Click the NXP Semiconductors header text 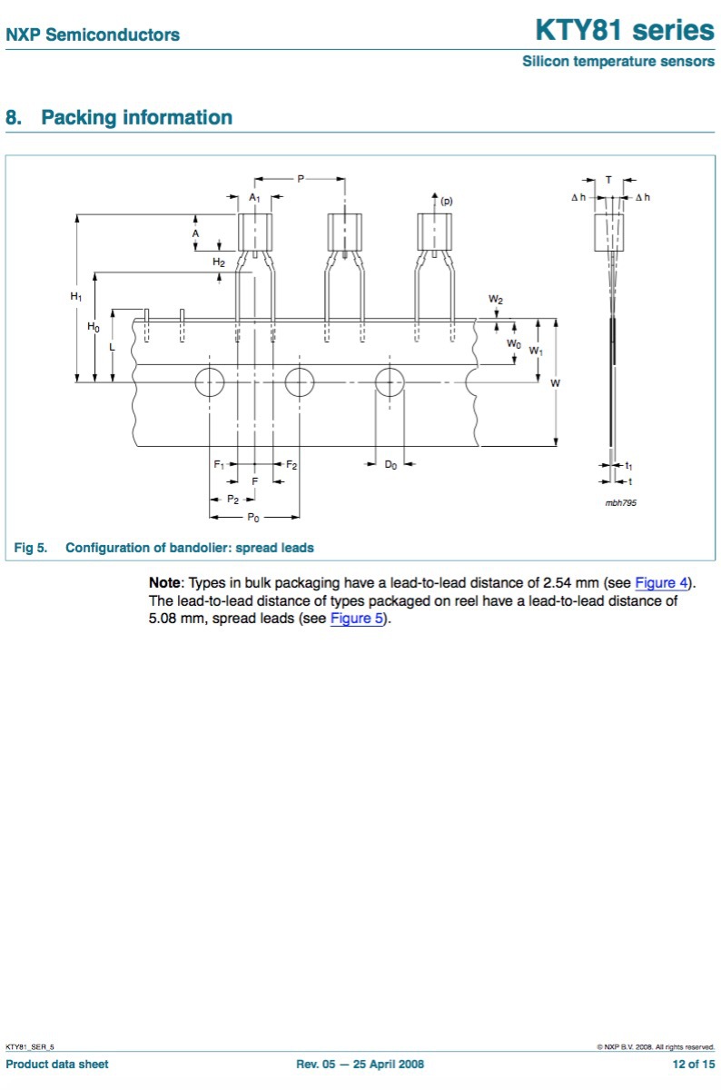[x=93, y=35]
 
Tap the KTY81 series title [x=624, y=30]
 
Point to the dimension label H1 [x=76, y=297]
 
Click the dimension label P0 [x=254, y=517]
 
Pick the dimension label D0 [x=390, y=464]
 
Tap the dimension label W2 [x=496, y=299]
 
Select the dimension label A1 [x=255, y=197]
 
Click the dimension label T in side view [x=608, y=180]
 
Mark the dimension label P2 [x=233, y=500]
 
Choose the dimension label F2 [x=291, y=464]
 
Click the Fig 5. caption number [x=30, y=548]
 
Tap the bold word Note [x=166, y=582]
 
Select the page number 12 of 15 [x=693, y=1064]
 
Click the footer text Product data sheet [x=56, y=1064]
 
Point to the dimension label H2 [x=219, y=262]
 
